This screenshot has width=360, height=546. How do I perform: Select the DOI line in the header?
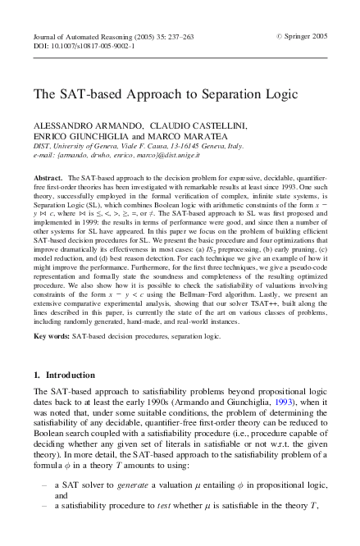pos(84,48)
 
